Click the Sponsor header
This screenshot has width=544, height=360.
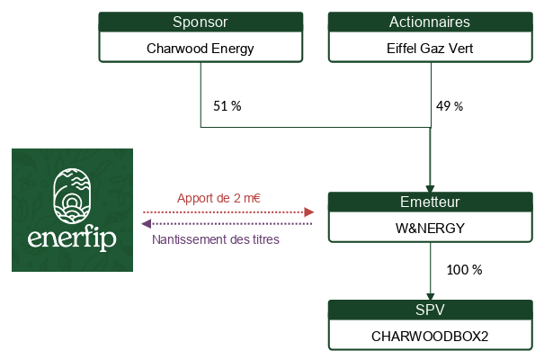pyautogui.click(x=201, y=22)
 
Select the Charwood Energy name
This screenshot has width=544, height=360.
pyautogui.click(x=201, y=49)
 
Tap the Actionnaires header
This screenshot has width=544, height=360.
pyautogui.click(x=430, y=22)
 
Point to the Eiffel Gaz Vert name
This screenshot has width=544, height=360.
pyautogui.click(x=430, y=49)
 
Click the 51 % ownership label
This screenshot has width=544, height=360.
pyautogui.click(x=227, y=106)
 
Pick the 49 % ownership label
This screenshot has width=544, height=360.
pyautogui.click(x=450, y=106)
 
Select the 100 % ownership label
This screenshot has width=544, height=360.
pyautogui.click(x=464, y=270)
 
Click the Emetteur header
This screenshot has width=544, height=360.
pyautogui.click(x=430, y=202)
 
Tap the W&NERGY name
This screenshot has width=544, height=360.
pyautogui.click(x=430, y=229)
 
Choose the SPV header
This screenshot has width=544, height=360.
pyautogui.click(x=430, y=310)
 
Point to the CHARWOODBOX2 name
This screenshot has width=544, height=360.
pyautogui.click(x=430, y=336)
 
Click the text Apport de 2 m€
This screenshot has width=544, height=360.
pyautogui.click(x=218, y=198)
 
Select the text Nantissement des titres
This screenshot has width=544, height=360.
pyautogui.click(x=216, y=239)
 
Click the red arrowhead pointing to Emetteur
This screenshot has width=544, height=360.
pyautogui.click(x=309, y=212)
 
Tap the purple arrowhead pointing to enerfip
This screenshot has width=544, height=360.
pyautogui.click(x=147, y=224)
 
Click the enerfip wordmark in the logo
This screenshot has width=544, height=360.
pyautogui.click(x=72, y=238)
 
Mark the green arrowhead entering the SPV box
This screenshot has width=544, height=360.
pyautogui.click(x=430, y=297)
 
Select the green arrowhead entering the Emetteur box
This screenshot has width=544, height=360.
pyautogui.click(x=430, y=189)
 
